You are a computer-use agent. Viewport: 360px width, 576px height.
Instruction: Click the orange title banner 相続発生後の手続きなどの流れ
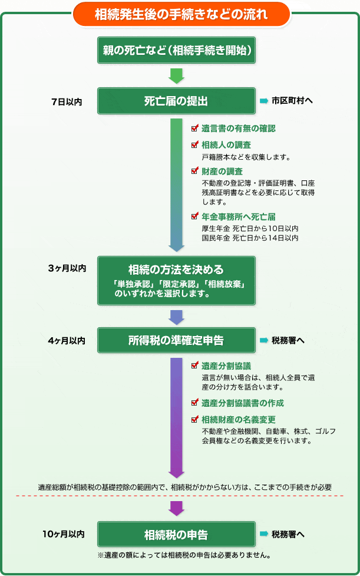(x=181, y=14)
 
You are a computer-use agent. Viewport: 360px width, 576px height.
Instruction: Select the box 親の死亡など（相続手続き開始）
(x=176, y=50)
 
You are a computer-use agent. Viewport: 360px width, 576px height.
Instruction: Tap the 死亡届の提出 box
(x=176, y=101)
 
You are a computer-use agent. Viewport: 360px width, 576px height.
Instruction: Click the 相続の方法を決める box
(x=176, y=281)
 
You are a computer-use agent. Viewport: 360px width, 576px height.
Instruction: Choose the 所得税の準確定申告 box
(x=176, y=341)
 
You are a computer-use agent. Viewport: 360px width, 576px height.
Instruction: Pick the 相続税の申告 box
(x=176, y=535)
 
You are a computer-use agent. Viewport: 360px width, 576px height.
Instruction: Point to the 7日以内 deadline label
(x=67, y=102)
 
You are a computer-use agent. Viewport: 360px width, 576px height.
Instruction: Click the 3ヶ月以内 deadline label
(x=67, y=268)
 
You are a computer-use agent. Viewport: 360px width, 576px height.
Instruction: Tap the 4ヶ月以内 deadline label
(x=67, y=341)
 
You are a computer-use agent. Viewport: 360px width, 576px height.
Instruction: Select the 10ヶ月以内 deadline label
(x=64, y=534)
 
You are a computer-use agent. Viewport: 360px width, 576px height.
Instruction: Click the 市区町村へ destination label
(x=292, y=101)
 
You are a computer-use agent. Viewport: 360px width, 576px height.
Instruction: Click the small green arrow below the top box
(x=176, y=75)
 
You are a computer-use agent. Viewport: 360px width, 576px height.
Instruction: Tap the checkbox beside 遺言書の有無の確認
(x=195, y=128)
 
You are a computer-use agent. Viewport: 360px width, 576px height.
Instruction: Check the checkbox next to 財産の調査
(x=195, y=170)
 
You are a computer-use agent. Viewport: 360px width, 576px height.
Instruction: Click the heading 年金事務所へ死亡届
(x=239, y=217)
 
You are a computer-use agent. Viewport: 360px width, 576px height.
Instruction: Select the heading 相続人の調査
(x=226, y=144)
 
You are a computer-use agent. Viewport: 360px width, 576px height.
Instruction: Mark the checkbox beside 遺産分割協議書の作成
(x=195, y=402)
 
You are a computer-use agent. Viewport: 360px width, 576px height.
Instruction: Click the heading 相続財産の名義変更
(x=239, y=420)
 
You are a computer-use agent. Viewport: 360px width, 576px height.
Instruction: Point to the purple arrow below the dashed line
(x=176, y=508)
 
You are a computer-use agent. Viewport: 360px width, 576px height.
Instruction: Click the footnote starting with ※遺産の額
(x=184, y=555)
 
